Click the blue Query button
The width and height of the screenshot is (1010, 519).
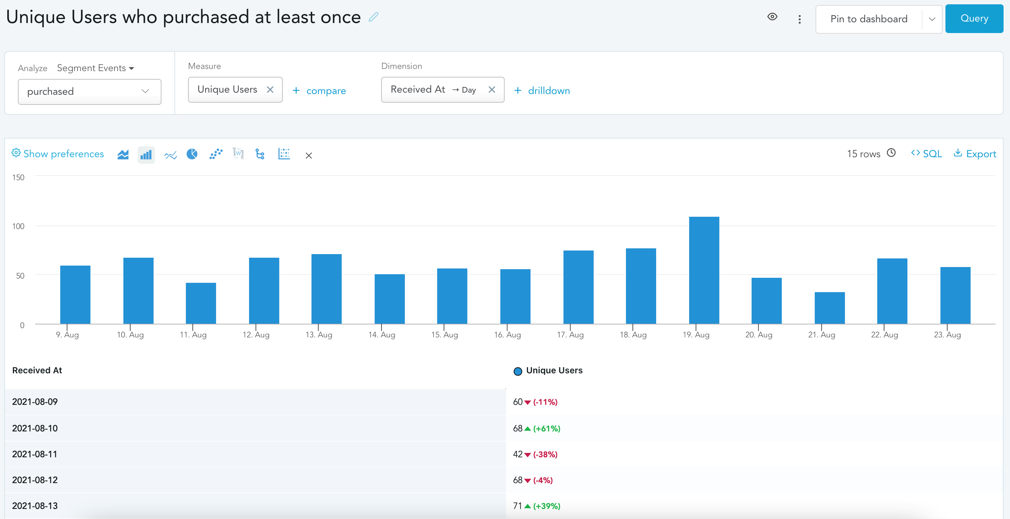coord(974,18)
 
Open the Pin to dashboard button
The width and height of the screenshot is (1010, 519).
coord(869,19)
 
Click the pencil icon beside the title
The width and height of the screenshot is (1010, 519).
coord(374,17)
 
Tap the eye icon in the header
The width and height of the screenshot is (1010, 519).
coord(772,17)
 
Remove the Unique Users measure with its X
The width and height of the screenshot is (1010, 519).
coord(270,89)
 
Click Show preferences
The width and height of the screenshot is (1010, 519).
coord(58,154)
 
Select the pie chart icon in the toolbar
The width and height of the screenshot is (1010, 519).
coord(192,154)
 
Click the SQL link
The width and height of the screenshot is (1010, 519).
coord(926,154)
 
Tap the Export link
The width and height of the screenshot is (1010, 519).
coord(975,154)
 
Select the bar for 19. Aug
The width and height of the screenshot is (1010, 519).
coord(704,270)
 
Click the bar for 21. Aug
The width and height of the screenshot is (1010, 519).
coord(830,308)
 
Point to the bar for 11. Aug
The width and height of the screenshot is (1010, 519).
coord(201,303)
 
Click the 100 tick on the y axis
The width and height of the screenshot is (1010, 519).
coord(18,226)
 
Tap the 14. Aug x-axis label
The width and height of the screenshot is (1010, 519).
coord(381,335)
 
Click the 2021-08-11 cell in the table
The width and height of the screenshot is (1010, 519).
coord(35,454)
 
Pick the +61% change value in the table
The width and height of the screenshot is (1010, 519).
coord(546,429)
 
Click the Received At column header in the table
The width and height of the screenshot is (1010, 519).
coord(37,370)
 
